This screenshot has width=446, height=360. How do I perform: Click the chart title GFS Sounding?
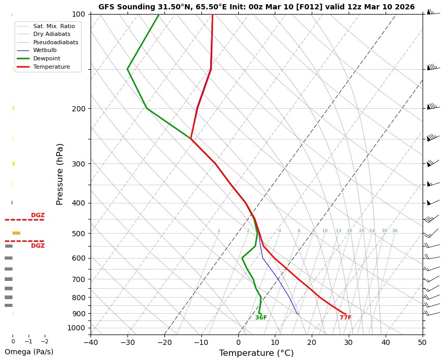coord(256,7)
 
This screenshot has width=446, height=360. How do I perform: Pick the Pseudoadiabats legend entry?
coord(52,42)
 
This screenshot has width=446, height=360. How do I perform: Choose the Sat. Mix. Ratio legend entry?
coord(54,26)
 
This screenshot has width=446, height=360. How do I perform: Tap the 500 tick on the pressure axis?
coord(79,234)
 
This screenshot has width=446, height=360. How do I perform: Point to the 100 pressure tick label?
coord(79,14)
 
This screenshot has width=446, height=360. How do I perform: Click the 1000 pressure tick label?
coord(77,328)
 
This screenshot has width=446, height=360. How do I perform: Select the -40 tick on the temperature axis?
coord(91,342)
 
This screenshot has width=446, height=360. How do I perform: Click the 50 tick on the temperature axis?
coord(422,342)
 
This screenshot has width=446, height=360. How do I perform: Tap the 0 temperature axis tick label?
coord(238,342)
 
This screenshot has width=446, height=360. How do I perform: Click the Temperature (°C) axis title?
coord(256,353)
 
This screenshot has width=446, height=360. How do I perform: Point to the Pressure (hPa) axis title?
coord(60,174)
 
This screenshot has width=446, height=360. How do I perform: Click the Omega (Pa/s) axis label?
coord(29,352)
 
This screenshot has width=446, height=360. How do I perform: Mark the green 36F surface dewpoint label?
coord(261,318)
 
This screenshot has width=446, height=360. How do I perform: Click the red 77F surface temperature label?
coord(346,318)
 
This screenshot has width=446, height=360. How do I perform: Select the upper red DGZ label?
coord(37,215)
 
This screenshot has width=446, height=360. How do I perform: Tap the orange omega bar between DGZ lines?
coord(16,233)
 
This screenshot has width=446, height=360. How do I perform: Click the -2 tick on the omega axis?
coord(45,342)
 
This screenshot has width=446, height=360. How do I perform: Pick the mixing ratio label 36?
coord(394,231)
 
